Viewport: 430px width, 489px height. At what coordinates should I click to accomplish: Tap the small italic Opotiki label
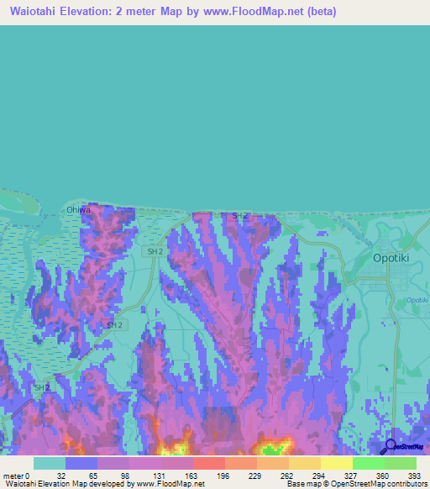417,300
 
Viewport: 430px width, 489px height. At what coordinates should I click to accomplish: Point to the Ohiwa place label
77,211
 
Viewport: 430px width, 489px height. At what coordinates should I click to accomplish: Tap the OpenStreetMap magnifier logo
389,446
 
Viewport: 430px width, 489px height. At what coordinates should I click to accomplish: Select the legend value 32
60,475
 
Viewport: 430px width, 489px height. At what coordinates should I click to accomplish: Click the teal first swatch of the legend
50,463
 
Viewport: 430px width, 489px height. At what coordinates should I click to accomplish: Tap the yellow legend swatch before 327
336,463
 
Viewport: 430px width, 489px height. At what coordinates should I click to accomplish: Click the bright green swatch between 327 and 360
368,463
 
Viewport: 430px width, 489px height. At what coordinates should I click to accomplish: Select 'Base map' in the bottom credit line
303,484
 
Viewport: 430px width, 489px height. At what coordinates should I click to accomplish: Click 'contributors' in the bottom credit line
403,484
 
